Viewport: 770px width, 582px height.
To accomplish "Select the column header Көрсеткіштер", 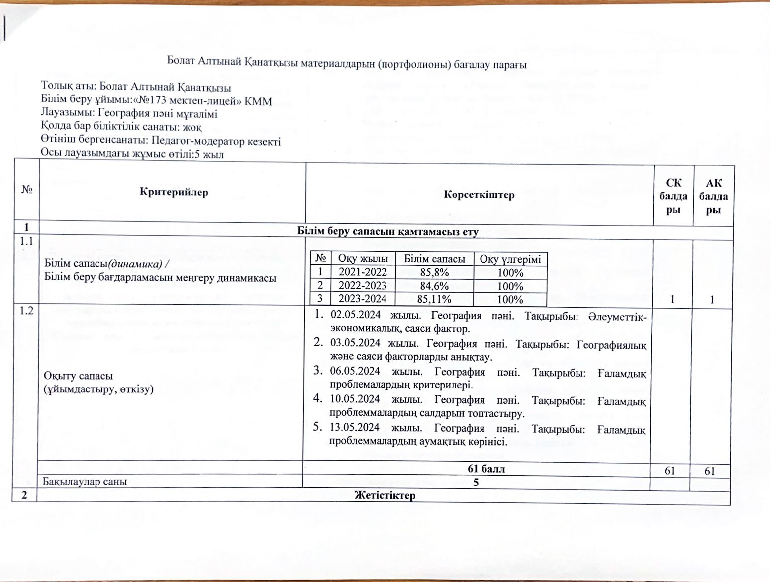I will click(x=479, y=194).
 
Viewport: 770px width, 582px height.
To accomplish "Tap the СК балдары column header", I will click(x=673, y=196).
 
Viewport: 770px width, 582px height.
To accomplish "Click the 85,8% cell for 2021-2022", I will click(x=434, y=272).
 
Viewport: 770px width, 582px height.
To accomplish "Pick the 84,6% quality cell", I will click(x=434, y=286).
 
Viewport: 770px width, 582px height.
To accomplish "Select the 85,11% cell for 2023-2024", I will click(x=434, y=299).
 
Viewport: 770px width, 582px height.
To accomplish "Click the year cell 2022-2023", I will click(x=363, y=286).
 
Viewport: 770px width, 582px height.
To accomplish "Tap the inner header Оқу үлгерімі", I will click(x=510, y=259).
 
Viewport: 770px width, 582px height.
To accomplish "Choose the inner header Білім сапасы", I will click(x=434, y=259).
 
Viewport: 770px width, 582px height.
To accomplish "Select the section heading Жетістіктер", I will click(x=385, y=495).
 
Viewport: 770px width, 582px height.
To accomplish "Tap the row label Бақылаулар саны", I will click(x=85, y=482).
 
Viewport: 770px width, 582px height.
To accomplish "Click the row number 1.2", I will click(x=25, y=311).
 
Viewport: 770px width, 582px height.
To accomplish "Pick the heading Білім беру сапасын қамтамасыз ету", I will click(x=387, y=231).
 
